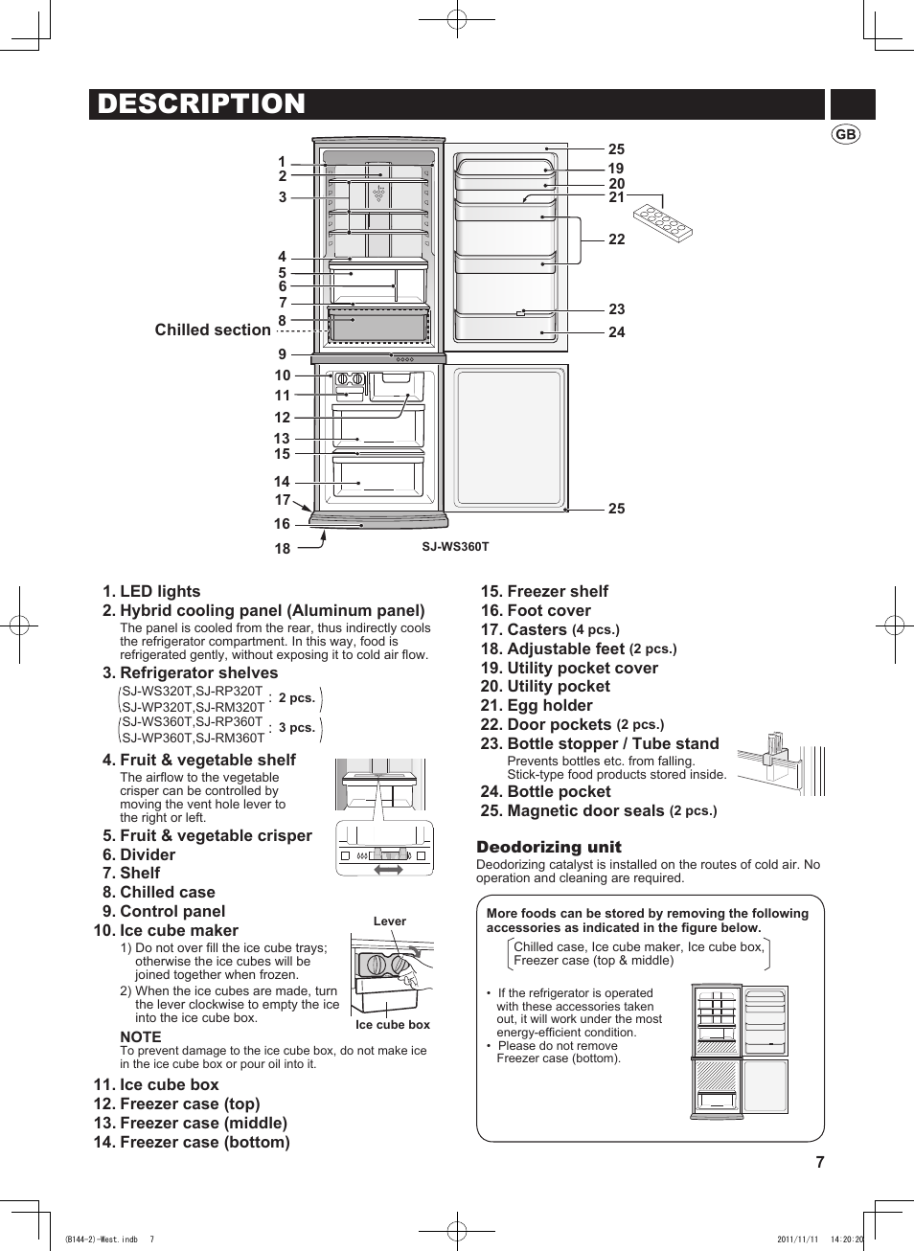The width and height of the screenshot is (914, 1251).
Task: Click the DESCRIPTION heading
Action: click(201, 103)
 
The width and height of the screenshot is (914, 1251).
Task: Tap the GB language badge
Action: click(845, 135)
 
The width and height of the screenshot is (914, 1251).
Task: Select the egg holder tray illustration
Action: click(663, 222)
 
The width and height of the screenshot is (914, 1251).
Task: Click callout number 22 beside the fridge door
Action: click(616, 239)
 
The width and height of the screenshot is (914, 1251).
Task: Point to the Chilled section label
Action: click(213, 330)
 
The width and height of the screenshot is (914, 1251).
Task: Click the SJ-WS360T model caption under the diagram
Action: click(455, 547)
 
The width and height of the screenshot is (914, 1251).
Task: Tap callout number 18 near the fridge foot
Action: click(283, 549)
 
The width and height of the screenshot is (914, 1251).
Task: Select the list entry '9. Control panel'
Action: click(164, 911)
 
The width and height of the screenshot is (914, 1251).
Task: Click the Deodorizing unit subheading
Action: click(549, 847)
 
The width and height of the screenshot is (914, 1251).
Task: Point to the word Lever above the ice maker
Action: click(389, 921)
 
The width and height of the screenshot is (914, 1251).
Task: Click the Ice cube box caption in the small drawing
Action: click(393, 1025)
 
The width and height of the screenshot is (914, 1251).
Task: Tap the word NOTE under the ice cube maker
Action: click(141, 1037)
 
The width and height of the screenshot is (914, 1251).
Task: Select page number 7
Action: click(820, 1162)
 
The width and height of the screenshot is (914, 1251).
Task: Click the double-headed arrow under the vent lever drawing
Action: click(388, 869)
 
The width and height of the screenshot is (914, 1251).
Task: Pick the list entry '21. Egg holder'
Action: click(537, 705)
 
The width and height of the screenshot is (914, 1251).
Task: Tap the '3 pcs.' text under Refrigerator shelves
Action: click(297, 728)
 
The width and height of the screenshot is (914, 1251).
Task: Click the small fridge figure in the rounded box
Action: click(740, 1052)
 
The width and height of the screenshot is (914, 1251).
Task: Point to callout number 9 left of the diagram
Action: click(282, 354)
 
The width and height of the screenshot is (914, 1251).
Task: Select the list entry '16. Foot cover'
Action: click(536, 610)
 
